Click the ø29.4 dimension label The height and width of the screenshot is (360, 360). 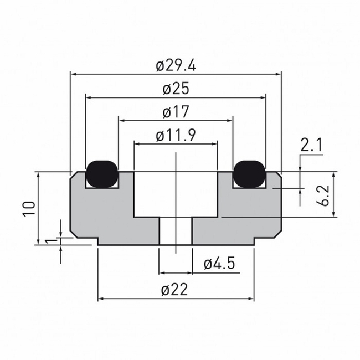pyautogui.click(x=176, y=65)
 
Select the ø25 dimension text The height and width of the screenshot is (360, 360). pyautogui.click(x=176, y=89)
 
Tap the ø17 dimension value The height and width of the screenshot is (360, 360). pyautogui.click(x=176, y=112)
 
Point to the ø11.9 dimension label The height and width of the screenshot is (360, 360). pyautogui.click(x=176, y=135)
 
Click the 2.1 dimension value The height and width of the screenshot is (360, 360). pyautogui.click(x=312, y=146)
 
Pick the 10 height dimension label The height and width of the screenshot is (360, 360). pyautogui.click(x=30, y=207)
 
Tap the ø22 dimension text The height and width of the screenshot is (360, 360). pyautogui.click(x=176, y=289)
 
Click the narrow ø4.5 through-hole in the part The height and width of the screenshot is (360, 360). pyautogui.click(x=176, y=231)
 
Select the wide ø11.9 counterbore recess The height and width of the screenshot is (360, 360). pyautogui.click(x=176, y=194)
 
